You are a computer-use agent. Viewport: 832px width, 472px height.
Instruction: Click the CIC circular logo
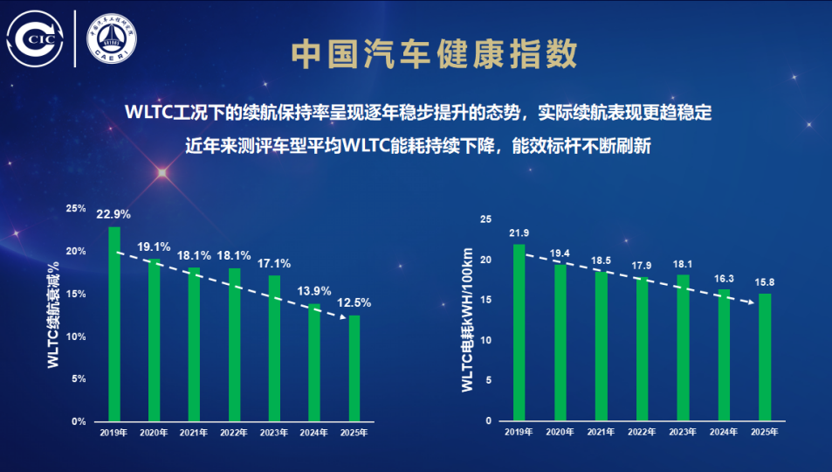tap(36, 38)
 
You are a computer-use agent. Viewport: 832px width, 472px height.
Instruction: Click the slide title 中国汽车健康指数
tap(434, 54)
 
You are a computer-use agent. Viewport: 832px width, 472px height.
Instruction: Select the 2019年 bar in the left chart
tap(114, 323)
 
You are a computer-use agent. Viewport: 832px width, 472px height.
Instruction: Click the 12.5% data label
tap(354, 302)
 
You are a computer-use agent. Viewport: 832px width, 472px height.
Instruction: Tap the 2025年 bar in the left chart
tap(354, 368)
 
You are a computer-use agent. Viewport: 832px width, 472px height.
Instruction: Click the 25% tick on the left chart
tap(76, 209)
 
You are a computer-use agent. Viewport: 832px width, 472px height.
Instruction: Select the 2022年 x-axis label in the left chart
tap(234, 433)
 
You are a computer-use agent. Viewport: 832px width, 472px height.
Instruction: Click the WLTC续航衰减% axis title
tap(53, 315)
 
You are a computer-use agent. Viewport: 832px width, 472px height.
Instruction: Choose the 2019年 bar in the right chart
tap(519, 332)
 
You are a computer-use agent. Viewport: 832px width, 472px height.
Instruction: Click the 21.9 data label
tap(519, 233)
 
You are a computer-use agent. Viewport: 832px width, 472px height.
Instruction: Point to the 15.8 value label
tap(765, 281)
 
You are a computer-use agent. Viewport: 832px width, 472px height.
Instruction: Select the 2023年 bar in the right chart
tap(684, 348)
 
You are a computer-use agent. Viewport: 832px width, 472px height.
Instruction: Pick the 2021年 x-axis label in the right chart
tap(602, 433)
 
